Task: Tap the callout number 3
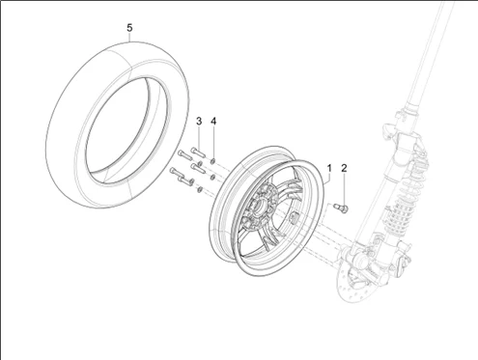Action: point(199,121)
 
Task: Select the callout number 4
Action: point(214,121)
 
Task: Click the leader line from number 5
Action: point(131,40)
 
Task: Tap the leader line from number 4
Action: point(214,140)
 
